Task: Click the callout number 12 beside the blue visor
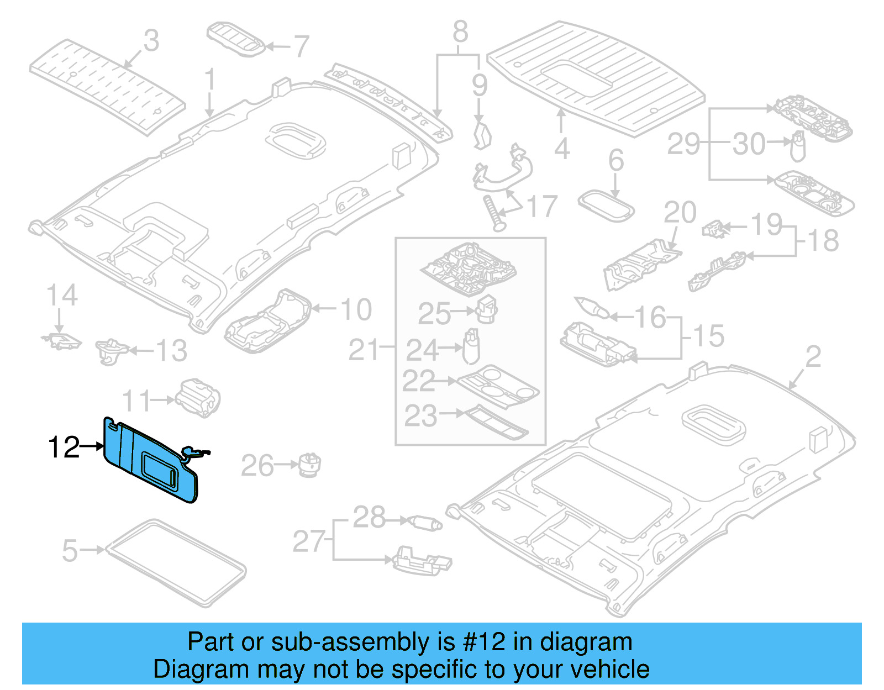[64, 447]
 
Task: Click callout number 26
[257, 466]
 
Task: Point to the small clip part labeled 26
[310, 465]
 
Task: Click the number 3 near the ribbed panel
[151, 41]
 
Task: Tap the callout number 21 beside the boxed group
[363, 350]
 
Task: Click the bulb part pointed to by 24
[471, 346]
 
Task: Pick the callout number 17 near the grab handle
[542, 207]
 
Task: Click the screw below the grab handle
[493, 212]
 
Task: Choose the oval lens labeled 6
[606, 206]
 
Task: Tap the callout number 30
[749, 144]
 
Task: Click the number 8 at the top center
[460, 31]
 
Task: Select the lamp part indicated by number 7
[236, 39]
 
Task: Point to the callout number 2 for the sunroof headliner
[813, 357]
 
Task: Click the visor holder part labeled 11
[198, 397]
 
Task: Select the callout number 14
[61, 296]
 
